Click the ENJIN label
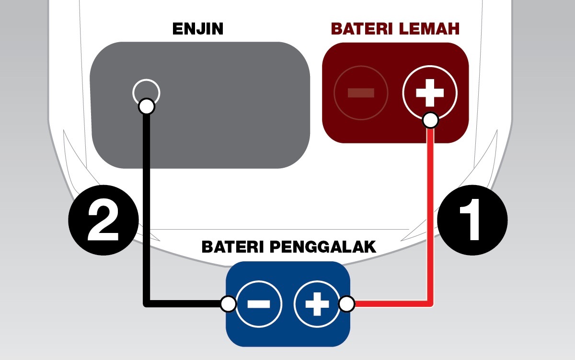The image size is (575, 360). [x=198, y=29]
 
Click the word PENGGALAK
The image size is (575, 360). [x=322, y=248]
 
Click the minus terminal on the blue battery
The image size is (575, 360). [x=259, y=304]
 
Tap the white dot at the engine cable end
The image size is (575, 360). [x=146, y=106]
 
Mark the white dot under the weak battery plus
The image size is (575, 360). [x=430, y=120]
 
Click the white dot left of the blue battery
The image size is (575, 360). [x=229, y=304]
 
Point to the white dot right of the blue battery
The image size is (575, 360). [x=346, y=304]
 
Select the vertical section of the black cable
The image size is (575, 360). [x=147, y=206]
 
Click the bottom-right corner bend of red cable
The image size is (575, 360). [x=430, y=303]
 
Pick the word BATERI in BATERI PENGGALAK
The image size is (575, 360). [x=232, y=248]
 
